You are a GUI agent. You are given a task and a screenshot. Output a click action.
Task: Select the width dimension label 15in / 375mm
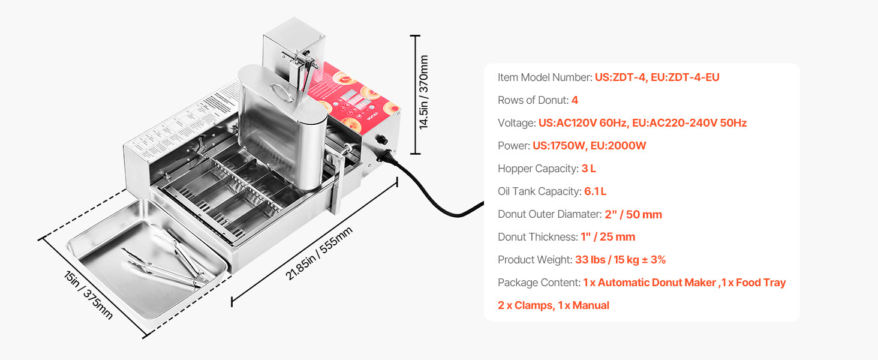pos(89,295)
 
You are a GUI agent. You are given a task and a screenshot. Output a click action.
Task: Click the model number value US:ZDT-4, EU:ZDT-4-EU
pos(657,77)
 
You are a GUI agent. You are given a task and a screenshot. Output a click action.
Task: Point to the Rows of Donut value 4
pos(575,100)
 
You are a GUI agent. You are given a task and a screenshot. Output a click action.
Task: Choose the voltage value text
pos(642,123)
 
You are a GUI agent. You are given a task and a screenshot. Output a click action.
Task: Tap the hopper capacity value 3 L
pos(588,169)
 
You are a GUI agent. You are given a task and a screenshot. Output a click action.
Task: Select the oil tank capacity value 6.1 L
pos(595,191)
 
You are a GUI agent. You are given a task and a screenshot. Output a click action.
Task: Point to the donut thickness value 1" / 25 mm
pos(608,237)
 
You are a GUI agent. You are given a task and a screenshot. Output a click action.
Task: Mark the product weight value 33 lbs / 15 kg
pos(620,260)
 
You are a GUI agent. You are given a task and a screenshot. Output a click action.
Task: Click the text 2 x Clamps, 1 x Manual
pos(553,305)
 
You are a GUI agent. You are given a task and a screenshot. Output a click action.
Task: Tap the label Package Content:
pos(539,283)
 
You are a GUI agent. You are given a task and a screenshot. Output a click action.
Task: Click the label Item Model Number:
pos(545,77)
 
